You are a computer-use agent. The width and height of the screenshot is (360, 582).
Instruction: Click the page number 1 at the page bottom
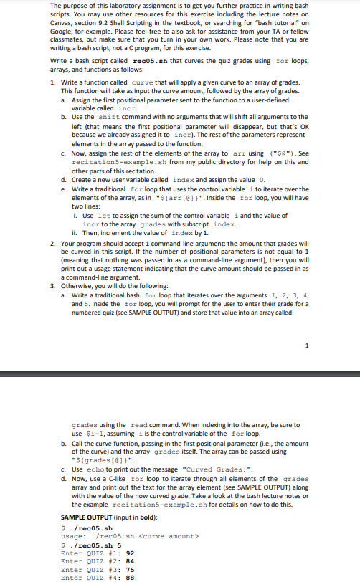pos(307,347)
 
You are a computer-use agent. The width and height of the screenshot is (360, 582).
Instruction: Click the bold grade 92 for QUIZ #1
pos(130,553)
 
